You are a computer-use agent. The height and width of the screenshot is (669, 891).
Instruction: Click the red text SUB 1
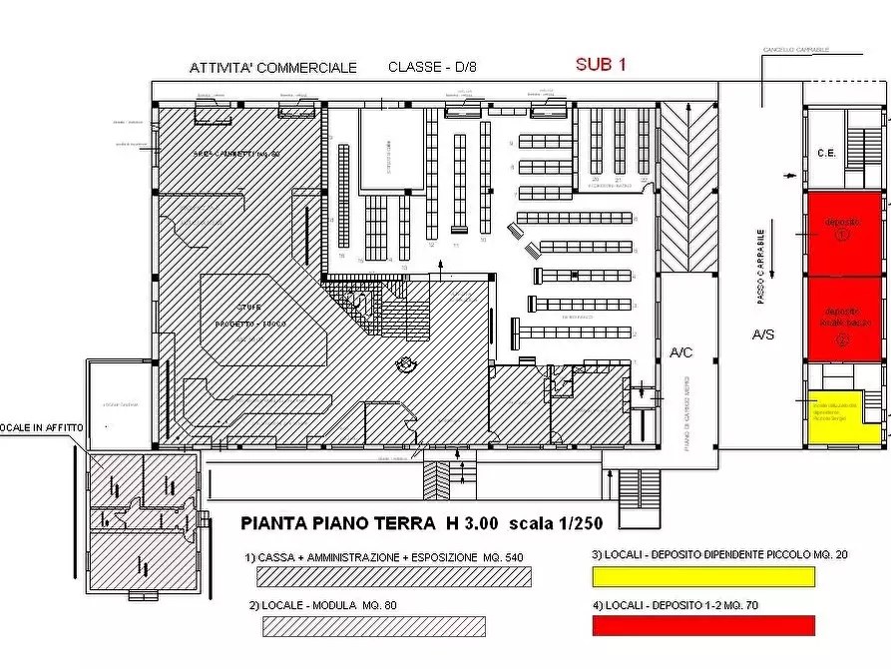[x=601, y=65]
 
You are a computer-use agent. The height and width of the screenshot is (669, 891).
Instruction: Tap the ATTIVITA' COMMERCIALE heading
[x=272, y=68]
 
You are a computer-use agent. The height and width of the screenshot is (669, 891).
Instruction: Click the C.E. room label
[x=826, y=153]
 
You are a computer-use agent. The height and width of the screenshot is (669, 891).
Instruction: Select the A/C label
[x=681, y=352]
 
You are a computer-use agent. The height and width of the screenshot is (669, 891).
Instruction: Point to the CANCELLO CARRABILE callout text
[x=809, y=49]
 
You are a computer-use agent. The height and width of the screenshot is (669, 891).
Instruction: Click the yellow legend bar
[x=703, y=576]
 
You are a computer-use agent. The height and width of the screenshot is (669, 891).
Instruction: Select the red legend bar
[x=703, y=625]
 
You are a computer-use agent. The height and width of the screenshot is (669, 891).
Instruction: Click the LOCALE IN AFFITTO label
[x=42, y=426]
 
